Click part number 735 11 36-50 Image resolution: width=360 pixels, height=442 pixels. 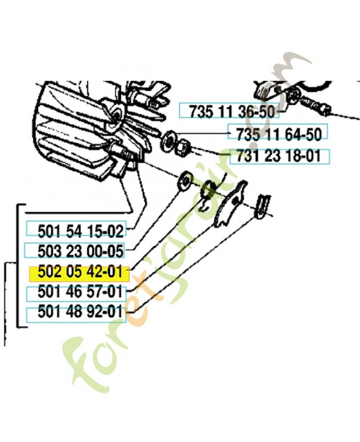232,112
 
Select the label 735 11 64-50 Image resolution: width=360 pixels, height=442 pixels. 279,134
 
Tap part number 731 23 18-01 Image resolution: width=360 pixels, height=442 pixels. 279,156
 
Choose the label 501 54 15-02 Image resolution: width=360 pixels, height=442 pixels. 81,231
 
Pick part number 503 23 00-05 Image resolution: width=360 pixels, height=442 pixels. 81,251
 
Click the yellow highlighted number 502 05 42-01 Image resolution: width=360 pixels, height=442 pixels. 80,272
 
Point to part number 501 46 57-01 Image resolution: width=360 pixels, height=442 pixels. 80,292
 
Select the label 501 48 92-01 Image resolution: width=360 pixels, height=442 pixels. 80,312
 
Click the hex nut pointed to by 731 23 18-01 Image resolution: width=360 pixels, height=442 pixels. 182,148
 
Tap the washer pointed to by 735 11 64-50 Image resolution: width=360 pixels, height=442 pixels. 168,141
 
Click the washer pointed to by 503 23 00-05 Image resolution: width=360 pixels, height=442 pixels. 184,181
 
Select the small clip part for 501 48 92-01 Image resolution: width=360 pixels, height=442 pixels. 262,206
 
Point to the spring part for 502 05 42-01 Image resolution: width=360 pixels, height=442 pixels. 209,192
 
